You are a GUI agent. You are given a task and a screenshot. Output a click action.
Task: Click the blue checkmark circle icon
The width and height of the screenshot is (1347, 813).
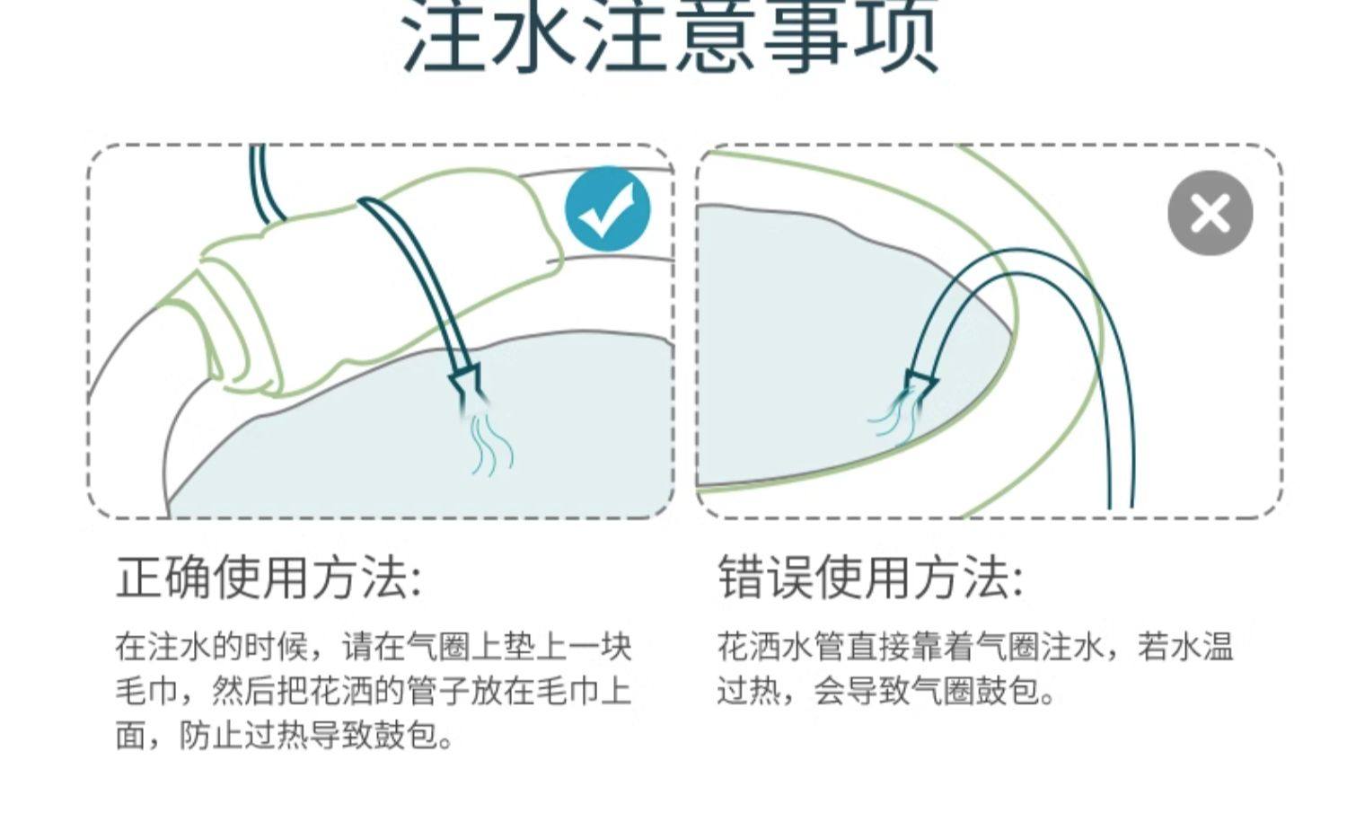pyautogui.click(x=607, y=209)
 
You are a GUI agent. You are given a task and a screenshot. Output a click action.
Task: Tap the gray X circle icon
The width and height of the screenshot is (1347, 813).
pyautogui.click(x=1210, y=214)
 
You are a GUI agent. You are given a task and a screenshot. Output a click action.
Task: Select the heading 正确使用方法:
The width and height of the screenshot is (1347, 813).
pyautogui.click(x=269, y=578)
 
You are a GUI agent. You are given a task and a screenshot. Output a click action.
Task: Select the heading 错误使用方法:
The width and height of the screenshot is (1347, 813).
pyautogui.click(x=870, y=578)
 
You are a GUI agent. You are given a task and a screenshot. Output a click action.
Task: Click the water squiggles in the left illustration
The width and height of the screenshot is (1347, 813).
pyautogui.click(x=492, y=445)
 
